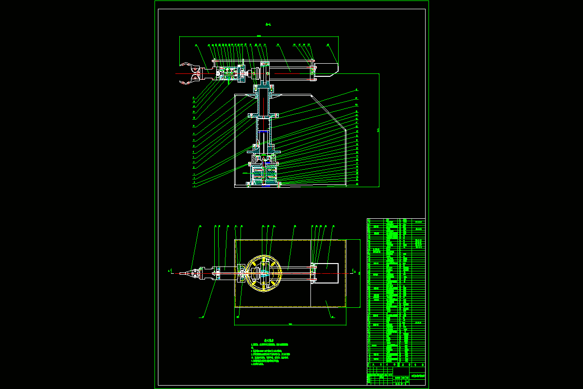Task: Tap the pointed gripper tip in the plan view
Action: point(183,274)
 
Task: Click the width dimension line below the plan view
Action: point(290,325)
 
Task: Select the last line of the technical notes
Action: point(260,364)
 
